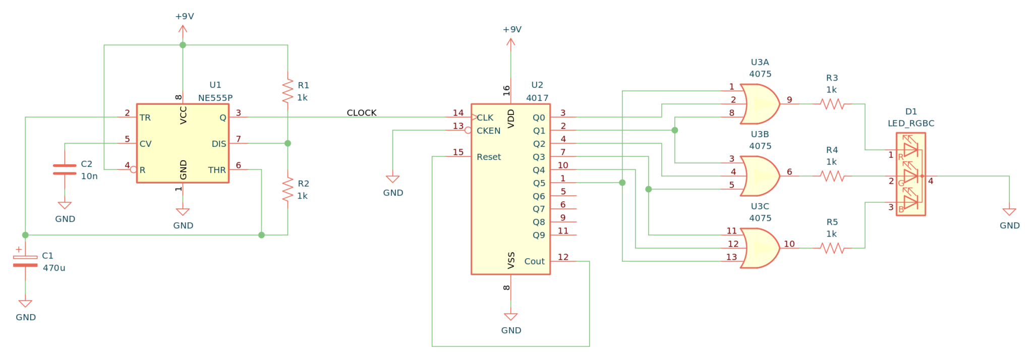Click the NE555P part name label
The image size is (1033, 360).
215,98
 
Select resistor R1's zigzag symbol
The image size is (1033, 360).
288,91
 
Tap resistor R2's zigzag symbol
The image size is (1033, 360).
288,189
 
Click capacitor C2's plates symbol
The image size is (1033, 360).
65,169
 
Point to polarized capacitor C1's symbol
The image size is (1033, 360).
25,261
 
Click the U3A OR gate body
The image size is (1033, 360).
760,104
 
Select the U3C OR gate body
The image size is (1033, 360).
760,248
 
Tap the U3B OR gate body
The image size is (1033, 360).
760,176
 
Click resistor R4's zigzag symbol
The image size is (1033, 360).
832,176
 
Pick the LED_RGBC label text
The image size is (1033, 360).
910,124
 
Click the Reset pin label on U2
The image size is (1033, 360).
488,157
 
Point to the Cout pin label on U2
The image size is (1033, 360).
534,261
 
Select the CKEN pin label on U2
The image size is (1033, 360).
488,131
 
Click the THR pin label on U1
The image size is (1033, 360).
217,170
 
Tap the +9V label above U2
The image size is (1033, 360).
511,29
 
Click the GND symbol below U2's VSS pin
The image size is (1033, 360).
510,317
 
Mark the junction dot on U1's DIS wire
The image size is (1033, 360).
288,144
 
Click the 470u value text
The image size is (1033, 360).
53,268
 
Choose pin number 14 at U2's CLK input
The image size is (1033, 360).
458,113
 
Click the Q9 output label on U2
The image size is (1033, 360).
538,235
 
